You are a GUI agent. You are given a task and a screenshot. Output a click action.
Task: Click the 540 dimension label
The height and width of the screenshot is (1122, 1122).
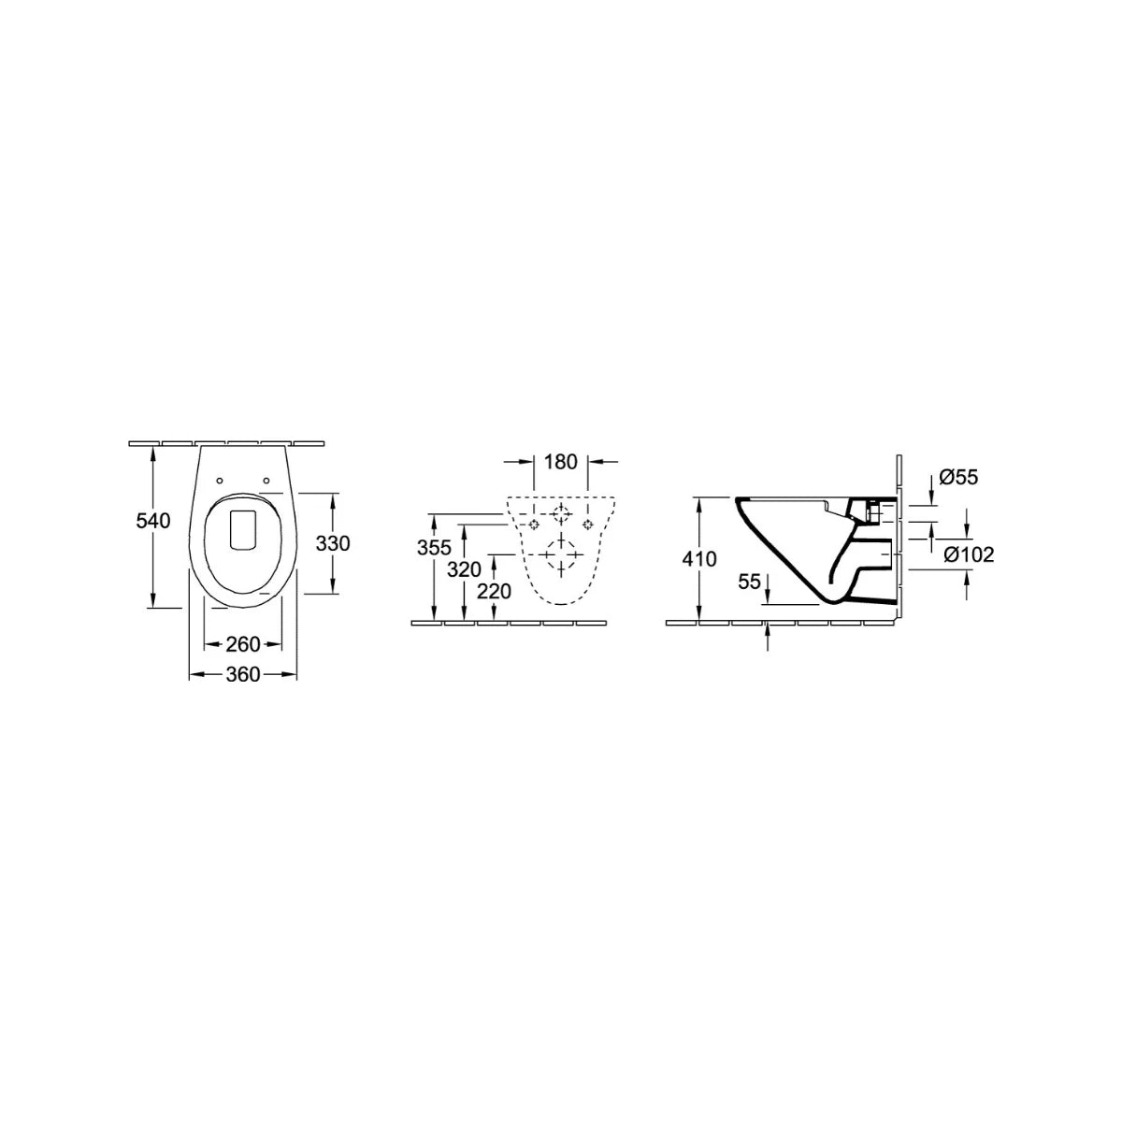(153, 521)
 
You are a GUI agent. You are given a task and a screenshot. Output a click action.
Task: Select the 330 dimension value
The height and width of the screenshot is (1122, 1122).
(333, 543)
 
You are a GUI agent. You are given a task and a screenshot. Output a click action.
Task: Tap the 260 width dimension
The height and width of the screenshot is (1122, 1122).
(243, 644)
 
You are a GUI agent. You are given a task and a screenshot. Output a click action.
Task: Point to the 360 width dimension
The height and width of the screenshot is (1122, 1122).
(243, 674)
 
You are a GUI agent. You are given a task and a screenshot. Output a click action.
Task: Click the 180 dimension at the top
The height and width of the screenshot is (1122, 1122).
(560, 462)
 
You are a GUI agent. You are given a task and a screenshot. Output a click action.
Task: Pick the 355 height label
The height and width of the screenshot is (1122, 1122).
(434, 547)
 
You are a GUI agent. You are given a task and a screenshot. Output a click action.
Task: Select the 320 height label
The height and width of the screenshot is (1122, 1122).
(464, 569)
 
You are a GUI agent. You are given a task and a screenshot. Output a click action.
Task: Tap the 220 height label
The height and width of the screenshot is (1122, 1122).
(494, 592)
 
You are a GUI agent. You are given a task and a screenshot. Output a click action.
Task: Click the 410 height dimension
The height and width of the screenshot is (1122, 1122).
(699, 559)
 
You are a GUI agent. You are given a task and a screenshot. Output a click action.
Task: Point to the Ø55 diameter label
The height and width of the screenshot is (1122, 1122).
(958, 478)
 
